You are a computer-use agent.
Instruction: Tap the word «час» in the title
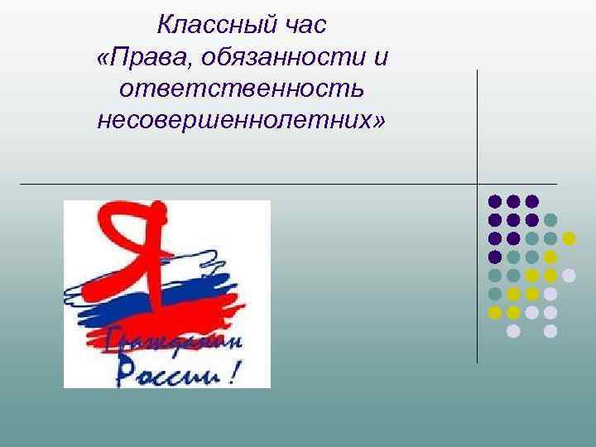click(305, 26)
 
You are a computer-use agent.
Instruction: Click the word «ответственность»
click(242, 89)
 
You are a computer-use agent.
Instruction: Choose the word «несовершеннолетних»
click(235, 121)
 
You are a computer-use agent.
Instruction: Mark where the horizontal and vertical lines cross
click(478, 183)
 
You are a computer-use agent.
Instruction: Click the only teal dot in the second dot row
click(550, 220)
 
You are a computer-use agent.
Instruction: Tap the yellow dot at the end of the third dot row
click(569, 238)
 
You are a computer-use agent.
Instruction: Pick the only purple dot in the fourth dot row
click(494, 257)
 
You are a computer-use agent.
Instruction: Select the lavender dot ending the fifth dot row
click(569, 276)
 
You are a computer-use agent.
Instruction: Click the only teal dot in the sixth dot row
click(494, 294)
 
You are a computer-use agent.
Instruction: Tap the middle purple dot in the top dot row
click(513, 201)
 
